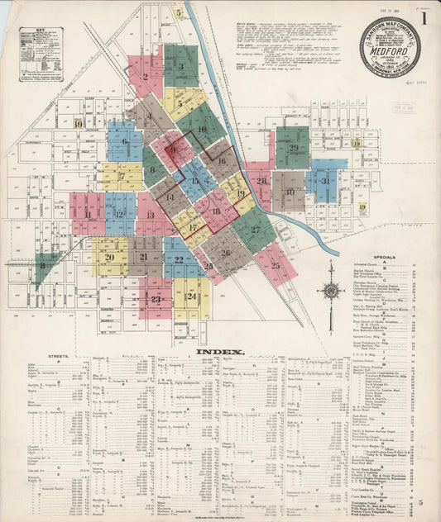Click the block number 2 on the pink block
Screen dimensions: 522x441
(x=145, y=77)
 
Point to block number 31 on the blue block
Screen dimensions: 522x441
(x=325, y=181)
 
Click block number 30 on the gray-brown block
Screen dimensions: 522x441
(x=289, y=192)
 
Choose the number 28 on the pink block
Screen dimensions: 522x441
(x=261, y=181)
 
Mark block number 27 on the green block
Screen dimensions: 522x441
(x=256, y=229)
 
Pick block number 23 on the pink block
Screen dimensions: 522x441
(x=156, y=299)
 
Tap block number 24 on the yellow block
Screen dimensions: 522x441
(x=192, y=296)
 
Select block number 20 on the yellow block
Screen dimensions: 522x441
(x=109, y=257)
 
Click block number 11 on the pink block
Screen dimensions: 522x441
(x=87, y=215)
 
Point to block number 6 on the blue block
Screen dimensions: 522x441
(x=125, y=141)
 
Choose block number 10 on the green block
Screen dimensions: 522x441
(x=202, y=129)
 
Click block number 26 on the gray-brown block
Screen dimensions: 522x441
(x=226, y=253)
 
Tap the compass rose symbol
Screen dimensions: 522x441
(x=330, y=291)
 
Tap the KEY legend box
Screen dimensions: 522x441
(x=41, y=55)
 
